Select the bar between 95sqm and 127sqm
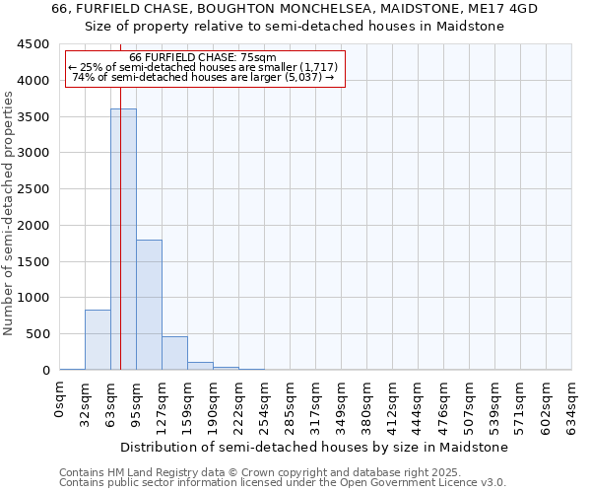pyautogui.click(x=149, y=305)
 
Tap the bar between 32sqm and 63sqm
pyautogui.click(x=98, y=340)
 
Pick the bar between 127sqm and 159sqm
pyautogui.click(x=174, y=353)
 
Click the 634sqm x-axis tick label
pyautogui.click(x=572, y=402)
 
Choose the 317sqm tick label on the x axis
pyautogui.click(x=316, y=402)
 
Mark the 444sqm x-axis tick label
pyautogui.click(x=419, y=402)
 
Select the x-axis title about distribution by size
pyautogui.click(x=315, y=447)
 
